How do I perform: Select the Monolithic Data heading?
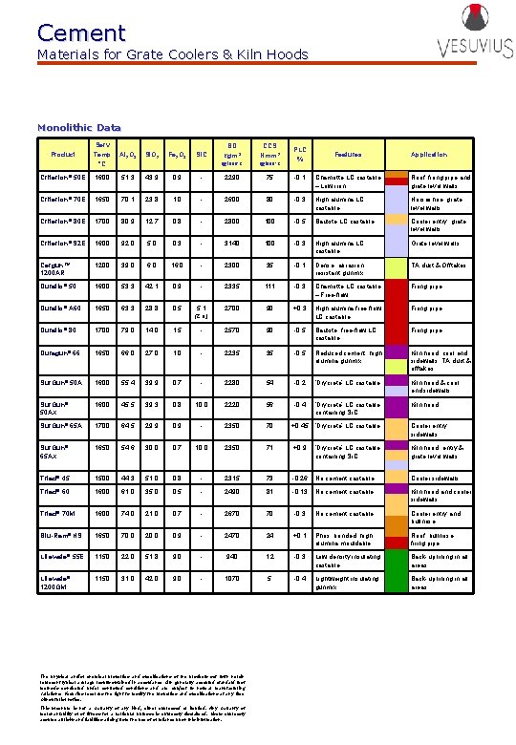(78, 127)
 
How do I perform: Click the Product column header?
(63, 154)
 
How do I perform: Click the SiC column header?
(200, 154)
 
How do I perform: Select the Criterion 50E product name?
(63, 178)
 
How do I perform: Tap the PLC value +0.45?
(299, 426)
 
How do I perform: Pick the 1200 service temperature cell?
(102, 264)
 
